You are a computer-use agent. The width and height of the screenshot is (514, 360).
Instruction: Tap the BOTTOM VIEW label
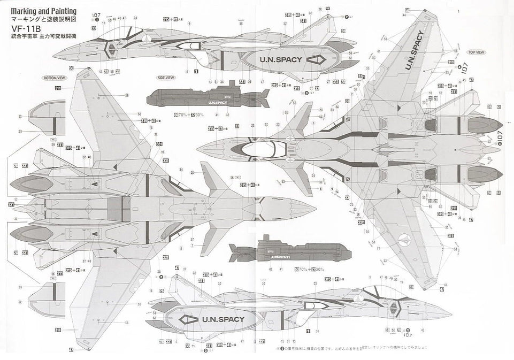pyautogui.click(x=54, y=78)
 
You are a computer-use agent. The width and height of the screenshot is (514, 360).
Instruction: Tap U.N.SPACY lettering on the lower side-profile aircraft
pyautogui.click(x=223, y=319)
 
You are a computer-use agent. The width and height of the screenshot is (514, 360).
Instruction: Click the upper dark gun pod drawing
pyautogui.click(x=209, y=97)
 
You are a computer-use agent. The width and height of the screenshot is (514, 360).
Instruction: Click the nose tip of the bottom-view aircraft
pyautogui.click(x=316, y=208)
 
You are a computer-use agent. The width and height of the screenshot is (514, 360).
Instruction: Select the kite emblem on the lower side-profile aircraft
pyautogui.click(x=190, y=319)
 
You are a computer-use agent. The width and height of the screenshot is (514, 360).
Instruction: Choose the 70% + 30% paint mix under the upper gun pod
pyautogui.click(x=189, y=114)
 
